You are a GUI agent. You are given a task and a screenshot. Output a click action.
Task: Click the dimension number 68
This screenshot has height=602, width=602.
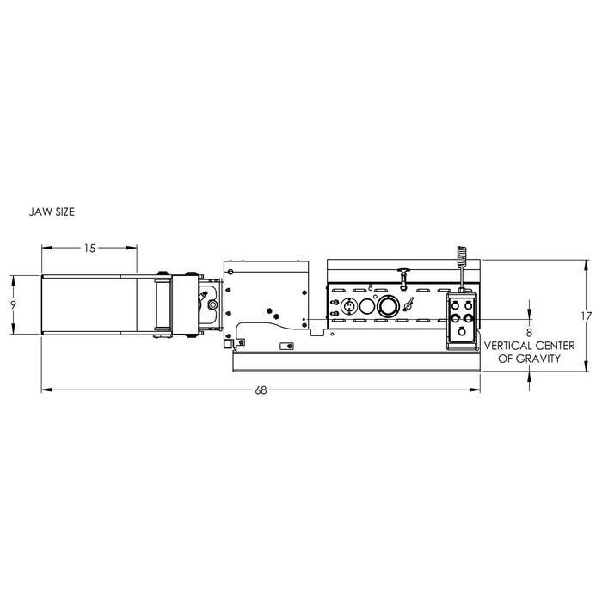coord(261,390)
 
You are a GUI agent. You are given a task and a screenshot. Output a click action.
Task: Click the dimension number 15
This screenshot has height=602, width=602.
coord(89,249)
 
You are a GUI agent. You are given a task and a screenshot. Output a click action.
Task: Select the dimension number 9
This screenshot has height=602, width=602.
coord(14,305)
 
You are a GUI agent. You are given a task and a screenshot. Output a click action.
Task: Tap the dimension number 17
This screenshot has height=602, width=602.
coord(587,316)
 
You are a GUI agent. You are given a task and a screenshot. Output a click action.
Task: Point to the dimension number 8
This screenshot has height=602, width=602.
coord(529,333)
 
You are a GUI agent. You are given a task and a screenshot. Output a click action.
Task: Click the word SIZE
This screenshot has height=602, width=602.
coord(64,212)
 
